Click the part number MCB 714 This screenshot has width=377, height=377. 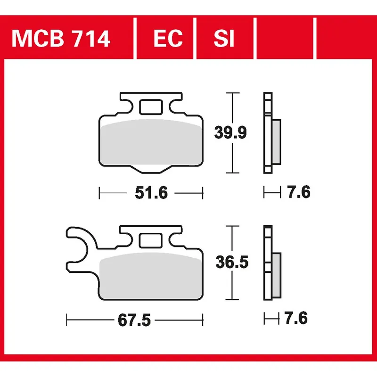61,39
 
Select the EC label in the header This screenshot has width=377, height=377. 168,39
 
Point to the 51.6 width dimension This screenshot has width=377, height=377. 151,193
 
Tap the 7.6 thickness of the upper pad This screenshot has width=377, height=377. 298,192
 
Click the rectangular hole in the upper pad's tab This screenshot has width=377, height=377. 151,107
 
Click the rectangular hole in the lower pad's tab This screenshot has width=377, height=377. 150,241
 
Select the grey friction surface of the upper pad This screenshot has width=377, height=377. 151,144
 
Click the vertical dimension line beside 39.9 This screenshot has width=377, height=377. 230,113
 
